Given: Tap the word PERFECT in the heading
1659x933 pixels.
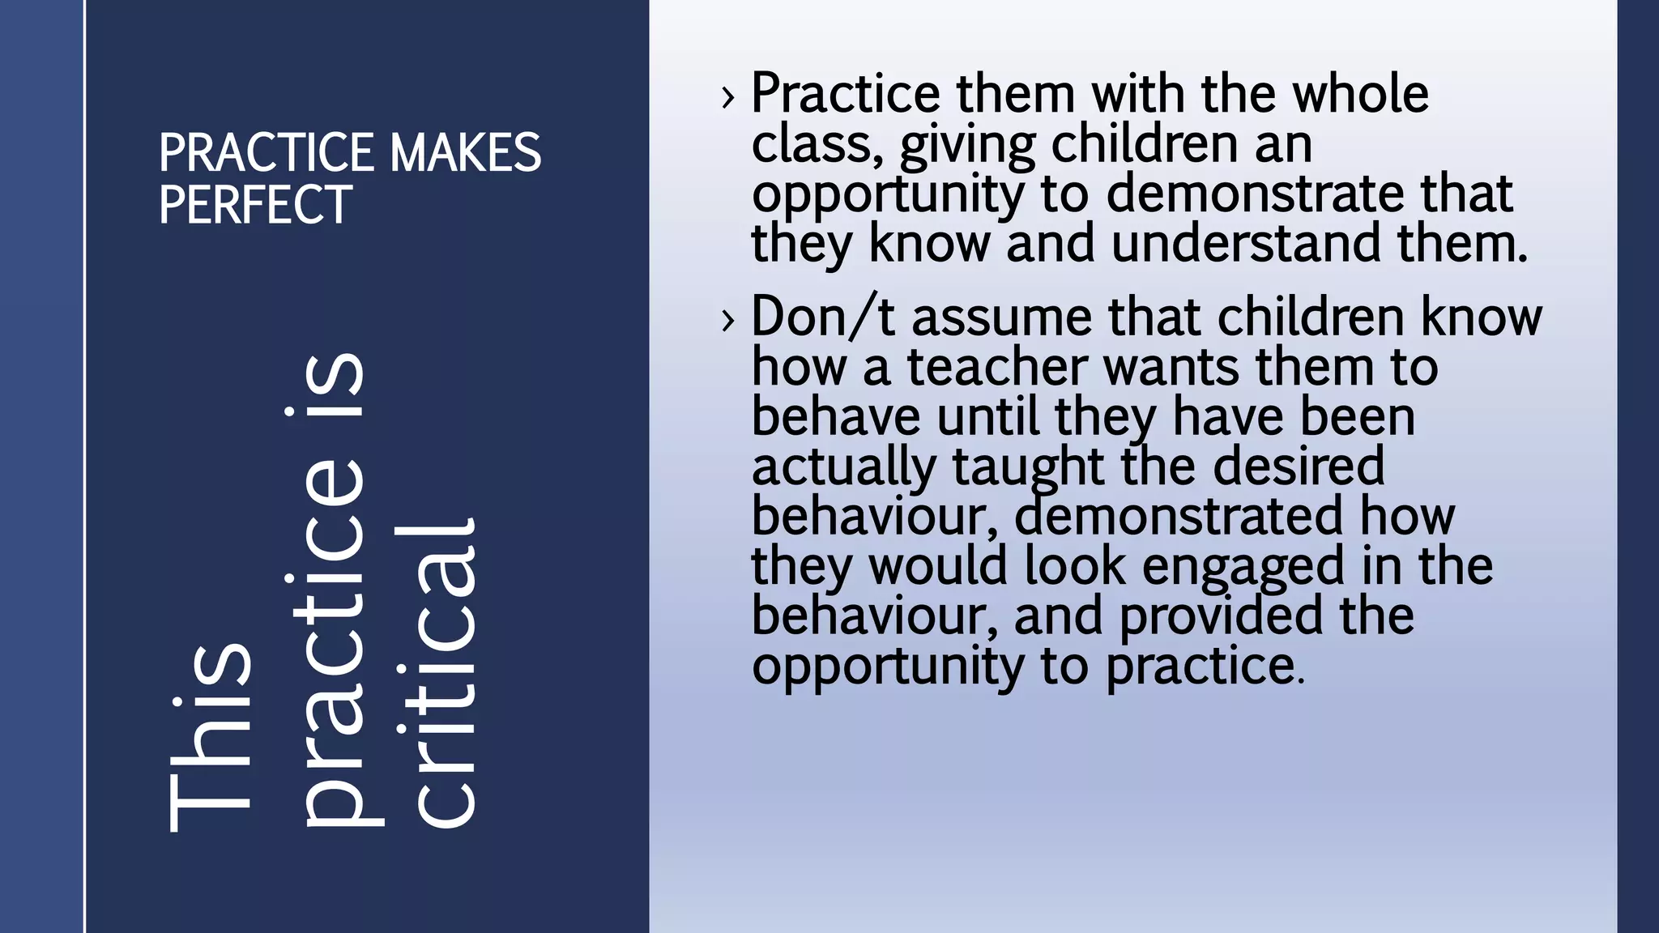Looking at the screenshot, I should click(255, 204).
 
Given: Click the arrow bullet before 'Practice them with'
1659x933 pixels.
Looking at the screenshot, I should click(728, 97).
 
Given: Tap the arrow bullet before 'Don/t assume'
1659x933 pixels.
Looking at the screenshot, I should click(728, 320).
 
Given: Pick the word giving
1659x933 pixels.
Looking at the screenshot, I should click(967, 146).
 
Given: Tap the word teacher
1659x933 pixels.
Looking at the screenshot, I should click(996, 367).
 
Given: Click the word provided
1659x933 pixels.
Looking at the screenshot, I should click(1222, 616).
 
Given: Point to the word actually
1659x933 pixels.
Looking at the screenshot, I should click(843, 468).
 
